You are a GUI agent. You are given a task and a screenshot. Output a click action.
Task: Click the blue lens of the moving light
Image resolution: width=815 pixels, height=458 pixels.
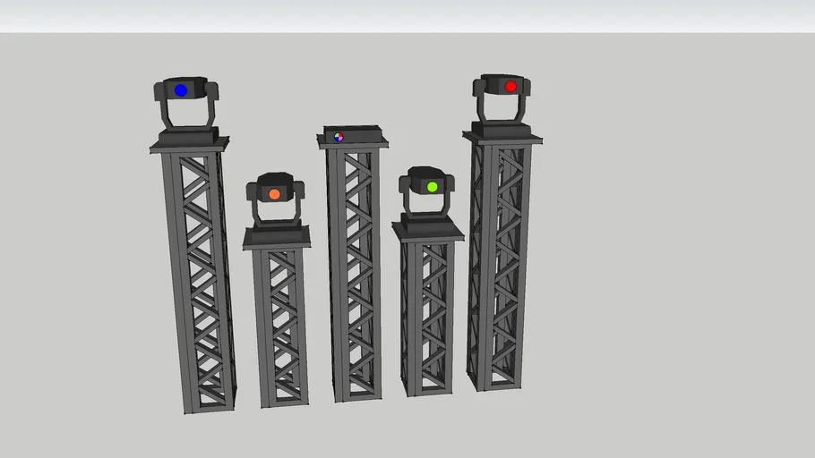click(181, 90)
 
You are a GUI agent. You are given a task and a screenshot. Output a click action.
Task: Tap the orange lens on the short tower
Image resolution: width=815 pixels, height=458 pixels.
click(274, 194)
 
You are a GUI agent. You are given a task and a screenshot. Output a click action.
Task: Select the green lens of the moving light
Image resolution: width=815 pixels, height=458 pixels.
click(432, 187)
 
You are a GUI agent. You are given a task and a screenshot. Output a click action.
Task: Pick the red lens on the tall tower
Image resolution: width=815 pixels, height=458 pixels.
click(510, 87)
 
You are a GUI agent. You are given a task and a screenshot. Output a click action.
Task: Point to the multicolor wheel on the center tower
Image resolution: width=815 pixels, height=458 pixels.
click(339, 137)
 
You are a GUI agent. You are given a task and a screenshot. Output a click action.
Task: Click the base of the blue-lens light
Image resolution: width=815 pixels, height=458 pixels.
click(188, 135)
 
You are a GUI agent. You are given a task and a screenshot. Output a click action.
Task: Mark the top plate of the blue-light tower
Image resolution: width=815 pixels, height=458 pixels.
click(189, 146)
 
